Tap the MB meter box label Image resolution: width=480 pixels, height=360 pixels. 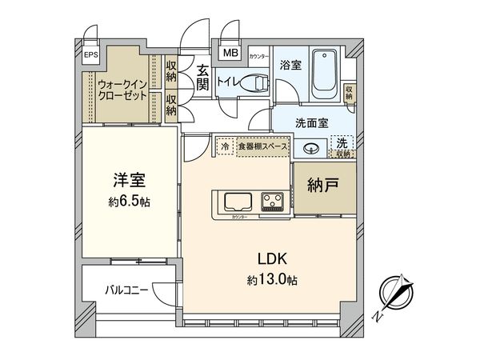click(230, 54)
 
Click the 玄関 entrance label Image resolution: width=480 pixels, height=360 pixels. click(204, 77)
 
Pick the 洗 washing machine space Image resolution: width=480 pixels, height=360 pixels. click(343, 145)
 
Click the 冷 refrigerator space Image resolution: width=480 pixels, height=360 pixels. click(225, 146)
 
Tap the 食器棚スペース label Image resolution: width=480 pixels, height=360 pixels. click(261, 146)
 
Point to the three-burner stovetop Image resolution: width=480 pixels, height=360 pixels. click(273, 201)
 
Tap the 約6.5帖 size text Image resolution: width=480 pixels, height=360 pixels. click(129, 202)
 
